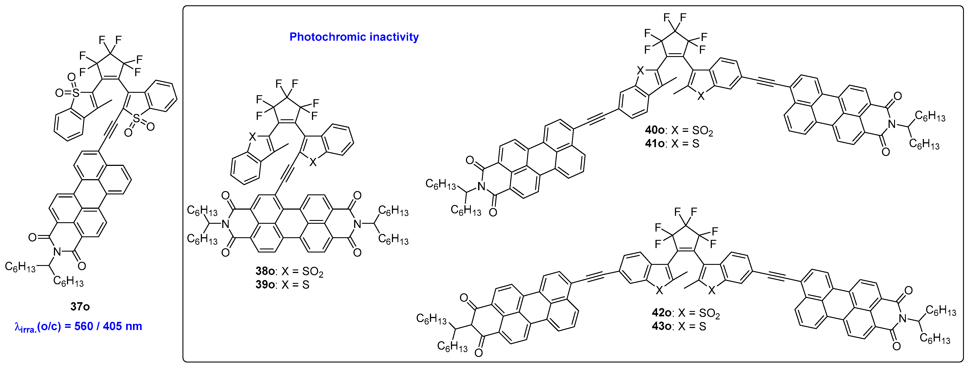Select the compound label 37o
click(x=80, y=307)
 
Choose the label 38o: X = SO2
click(x=289, y=272)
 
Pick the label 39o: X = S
click(x=282, y=285)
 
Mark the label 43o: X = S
click(x=679, y=326)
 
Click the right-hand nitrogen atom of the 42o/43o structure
click(x=902, y=319)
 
